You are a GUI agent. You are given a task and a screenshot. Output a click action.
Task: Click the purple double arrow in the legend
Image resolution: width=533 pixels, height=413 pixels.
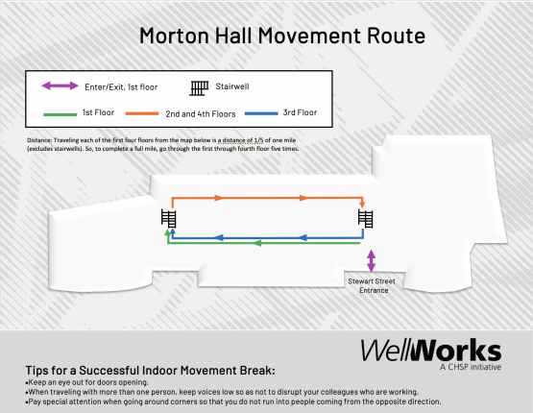[60, 86]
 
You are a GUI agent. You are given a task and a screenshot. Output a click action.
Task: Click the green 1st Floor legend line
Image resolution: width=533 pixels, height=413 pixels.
[60, 113]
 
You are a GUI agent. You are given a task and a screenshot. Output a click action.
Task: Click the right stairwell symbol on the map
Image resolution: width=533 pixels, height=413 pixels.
[365, 219]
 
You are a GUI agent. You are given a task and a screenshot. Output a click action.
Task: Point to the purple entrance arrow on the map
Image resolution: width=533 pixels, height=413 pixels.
[372, 260]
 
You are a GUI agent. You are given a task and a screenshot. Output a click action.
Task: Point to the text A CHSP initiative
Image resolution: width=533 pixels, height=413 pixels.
[469, 367]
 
